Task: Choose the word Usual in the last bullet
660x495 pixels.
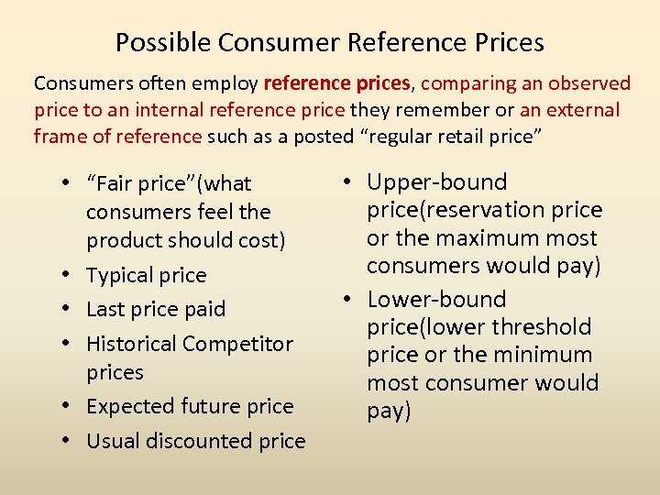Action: tap(111, 441)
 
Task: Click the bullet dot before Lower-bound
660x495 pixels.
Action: tap(350, 300)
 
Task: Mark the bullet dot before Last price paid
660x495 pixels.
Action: tap(70, 310)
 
